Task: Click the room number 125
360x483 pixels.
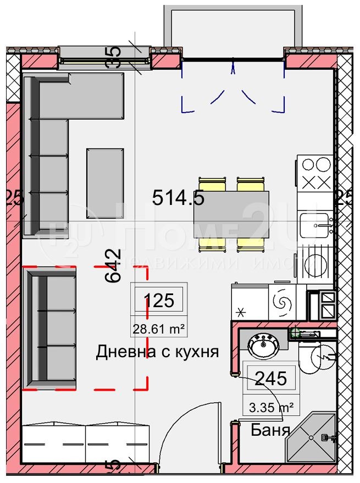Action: tap(159, 300)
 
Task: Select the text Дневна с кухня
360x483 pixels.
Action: tap(158, 352)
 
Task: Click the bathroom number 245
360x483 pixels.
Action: tap(270, 378)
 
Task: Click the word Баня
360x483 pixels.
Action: tap(270, 430)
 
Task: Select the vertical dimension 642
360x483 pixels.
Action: tap(113, 265)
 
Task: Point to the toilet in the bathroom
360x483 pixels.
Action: tap(318, 357)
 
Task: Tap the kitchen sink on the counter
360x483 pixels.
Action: tap(315, 224)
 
